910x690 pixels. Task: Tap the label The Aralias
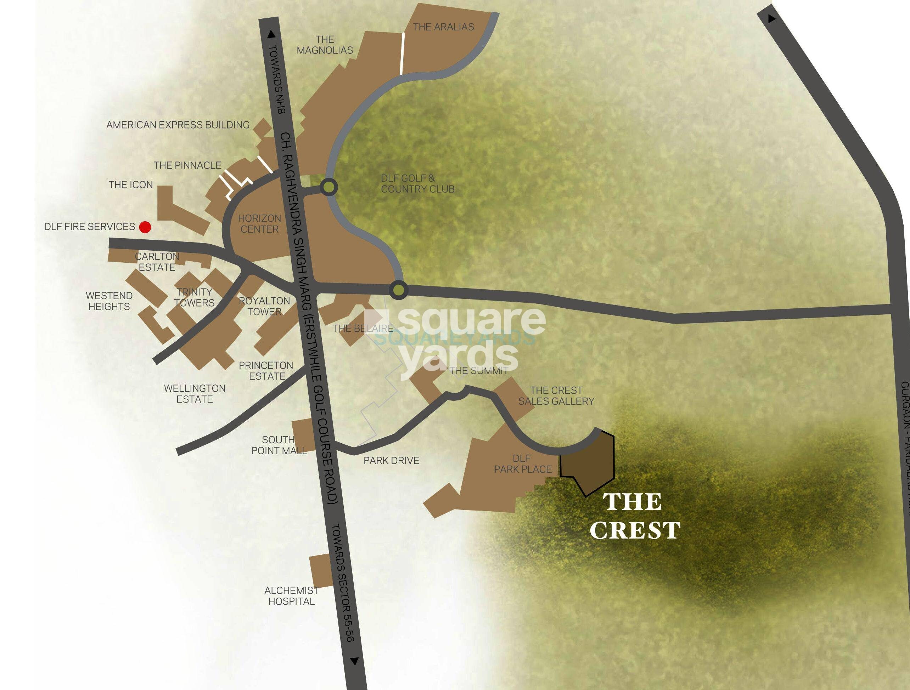click(443, 27)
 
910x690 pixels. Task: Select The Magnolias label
click(325, 45)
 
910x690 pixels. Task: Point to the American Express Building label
click(178, 125)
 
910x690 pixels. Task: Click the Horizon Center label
click(260, 224)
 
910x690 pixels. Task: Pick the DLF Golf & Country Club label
click(417, 184)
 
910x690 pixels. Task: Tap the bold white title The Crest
click(634, 516)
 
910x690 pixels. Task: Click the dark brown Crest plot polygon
click(588, 464)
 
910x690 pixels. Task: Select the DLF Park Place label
click(522, 464)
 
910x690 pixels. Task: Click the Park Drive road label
click(391, 461)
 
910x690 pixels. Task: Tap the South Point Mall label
click(279, 445)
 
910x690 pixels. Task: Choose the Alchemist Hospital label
click(291, 596)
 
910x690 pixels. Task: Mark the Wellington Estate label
click(195, 394)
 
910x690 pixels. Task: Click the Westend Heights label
click(109, 301)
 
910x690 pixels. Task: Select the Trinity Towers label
click(194, 297)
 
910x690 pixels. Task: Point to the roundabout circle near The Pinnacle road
click(329, 187)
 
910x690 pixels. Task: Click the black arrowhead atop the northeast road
click(771, 18)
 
